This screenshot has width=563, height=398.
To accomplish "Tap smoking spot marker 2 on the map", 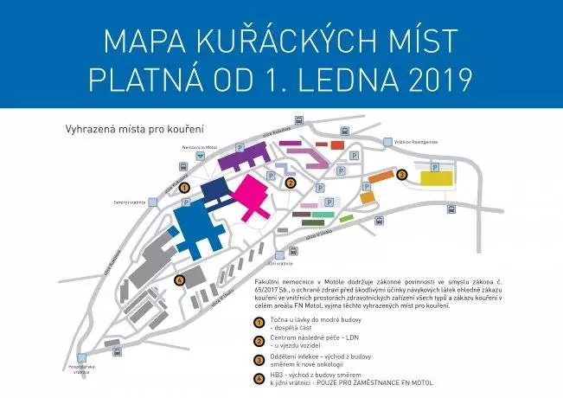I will (291, 183).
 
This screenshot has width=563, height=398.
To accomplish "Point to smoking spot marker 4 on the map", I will (180, 279).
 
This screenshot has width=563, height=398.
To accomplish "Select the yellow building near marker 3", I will (438, 177).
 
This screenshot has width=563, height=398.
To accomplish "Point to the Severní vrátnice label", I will (126, 202).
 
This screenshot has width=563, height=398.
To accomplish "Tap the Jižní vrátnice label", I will (281, 263).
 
